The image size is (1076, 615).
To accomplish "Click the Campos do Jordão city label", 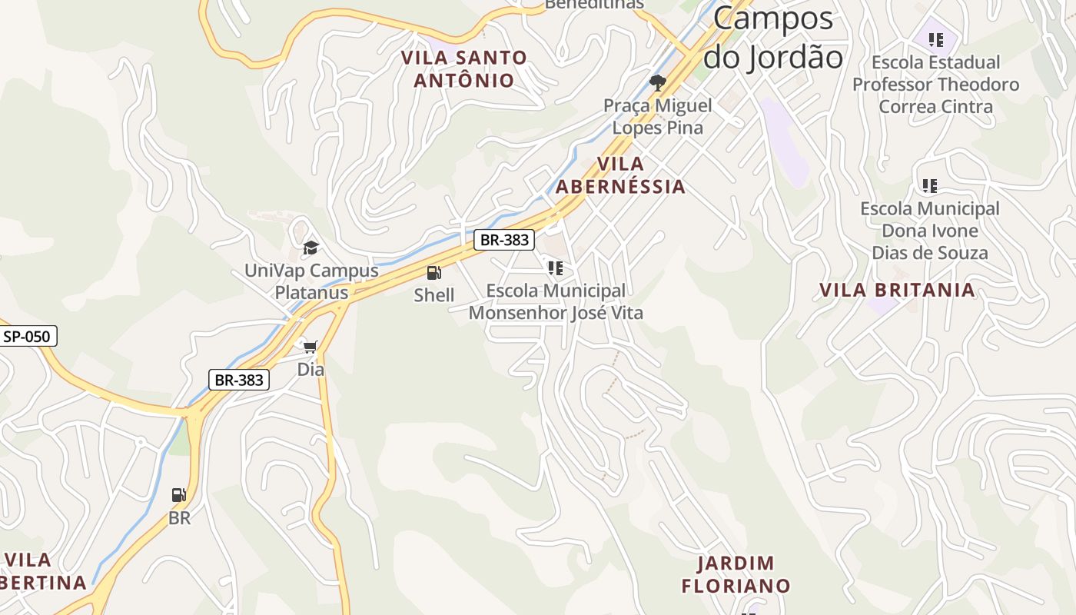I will coord(773,38).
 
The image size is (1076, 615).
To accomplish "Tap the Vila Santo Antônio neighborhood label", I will coord(464,68).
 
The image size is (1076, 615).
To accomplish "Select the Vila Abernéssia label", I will coord(620,175).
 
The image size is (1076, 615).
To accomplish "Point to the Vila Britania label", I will coord(897,290).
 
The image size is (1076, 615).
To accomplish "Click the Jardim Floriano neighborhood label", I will coord(736,574).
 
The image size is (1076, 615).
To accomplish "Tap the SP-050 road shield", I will coord(27,336).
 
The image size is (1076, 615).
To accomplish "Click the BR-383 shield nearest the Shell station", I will coord(504,240).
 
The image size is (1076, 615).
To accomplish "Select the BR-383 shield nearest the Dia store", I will coord(239,380).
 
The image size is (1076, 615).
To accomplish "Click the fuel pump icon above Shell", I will coord(433,273).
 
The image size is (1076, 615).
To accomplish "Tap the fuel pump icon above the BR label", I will coord(179,495).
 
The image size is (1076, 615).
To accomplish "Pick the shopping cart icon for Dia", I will coord(311,347).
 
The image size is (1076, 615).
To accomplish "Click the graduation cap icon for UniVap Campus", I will coord(311,248).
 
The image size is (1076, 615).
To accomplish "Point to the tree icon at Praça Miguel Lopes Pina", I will coord(657,83).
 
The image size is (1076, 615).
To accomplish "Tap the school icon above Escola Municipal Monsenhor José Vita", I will coord(555,268).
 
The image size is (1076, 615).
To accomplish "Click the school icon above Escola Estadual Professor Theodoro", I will coord(935,39).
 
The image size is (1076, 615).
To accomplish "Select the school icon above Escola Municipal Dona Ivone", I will coord(930,185).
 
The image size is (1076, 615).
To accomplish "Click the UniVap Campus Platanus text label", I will coord(311,281).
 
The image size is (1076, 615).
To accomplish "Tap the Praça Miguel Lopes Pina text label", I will coord(657,116).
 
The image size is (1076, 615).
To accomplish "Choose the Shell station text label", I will coord(434,295).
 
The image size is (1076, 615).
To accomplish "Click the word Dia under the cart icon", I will coord(311,370).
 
